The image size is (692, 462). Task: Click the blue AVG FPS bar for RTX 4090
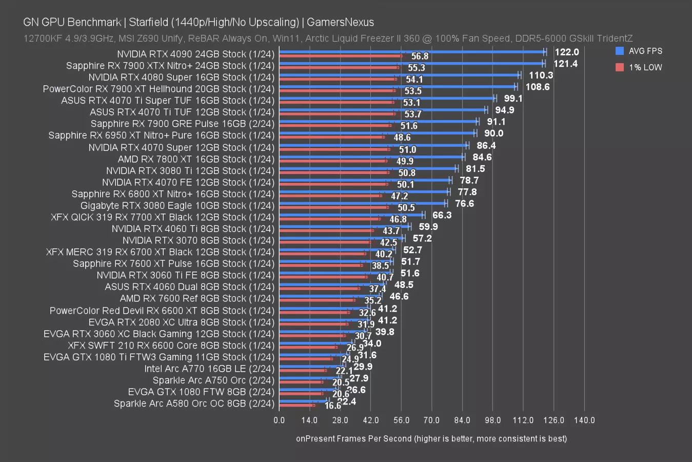tap(410, 52)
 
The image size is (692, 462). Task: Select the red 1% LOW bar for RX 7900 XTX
tap(339, 67)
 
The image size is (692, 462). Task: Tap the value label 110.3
tap(541, 75)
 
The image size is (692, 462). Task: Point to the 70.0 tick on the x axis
tap(431, 420)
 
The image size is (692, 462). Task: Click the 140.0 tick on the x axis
tap(584, 420)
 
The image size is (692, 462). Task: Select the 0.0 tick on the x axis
tap(279, 420)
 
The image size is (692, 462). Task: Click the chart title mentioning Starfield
tap(199, 22)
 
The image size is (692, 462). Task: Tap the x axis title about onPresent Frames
tap(431, 438)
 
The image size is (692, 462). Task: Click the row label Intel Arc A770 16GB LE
tap(209, 369)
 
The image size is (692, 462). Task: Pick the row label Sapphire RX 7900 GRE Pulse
tap(183, 124)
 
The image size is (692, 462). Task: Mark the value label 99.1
tap(513, 98)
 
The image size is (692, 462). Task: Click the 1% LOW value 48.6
tap(402, 137)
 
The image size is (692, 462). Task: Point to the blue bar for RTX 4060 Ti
tap(344, 226)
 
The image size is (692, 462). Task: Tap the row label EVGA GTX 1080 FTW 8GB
tap(201, 392)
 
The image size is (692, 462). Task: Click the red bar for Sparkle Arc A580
tap(296, 405)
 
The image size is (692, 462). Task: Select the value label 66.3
tap(442, 215)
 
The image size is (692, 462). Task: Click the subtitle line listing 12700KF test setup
tap(328, 38)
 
